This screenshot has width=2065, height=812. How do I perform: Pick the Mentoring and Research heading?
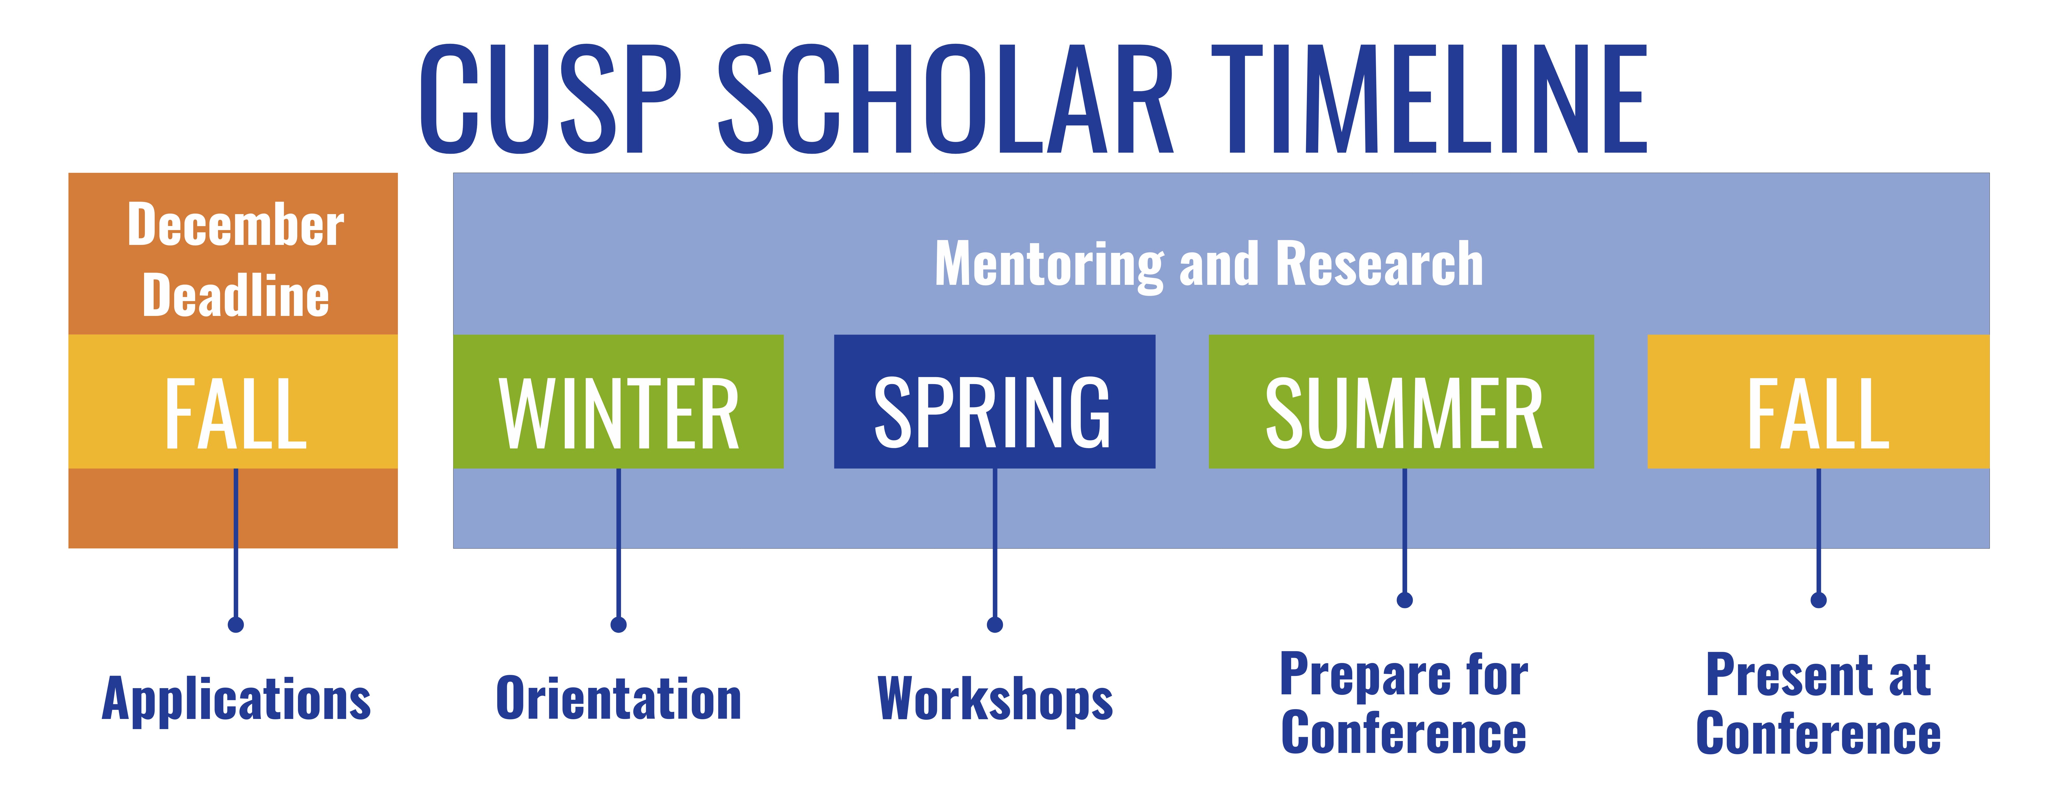pyautogui.click(x=1209, y=265)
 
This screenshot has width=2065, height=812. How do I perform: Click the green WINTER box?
pyautogui.click(x=618, y=401)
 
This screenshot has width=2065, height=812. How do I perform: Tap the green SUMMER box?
pyautogui.click(x=1401, y=401)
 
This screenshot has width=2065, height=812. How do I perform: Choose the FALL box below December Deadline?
pyautogui.click(x=233, y=401)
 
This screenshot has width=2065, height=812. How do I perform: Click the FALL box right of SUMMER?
pyautogui.click(x=1818, y=401)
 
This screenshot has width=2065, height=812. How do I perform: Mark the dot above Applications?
pyautogui.click(x=236, y=624)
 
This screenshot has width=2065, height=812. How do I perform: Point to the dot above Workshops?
pyautogui.click(x=995, y=624)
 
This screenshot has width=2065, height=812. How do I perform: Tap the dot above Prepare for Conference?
pyautogui.click(x=1405, y=599)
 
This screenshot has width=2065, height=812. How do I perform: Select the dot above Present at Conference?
pyautogui.click(x=1819, y=599)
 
